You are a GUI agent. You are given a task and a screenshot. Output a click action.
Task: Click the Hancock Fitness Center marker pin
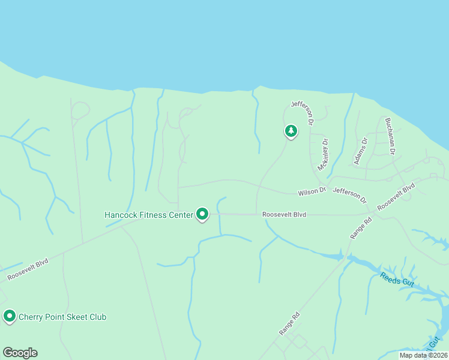202,214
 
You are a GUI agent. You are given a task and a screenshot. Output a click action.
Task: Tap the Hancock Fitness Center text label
149,214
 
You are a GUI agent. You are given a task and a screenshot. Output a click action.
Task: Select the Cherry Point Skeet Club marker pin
9,316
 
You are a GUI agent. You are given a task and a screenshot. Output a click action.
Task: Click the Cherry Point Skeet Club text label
62,316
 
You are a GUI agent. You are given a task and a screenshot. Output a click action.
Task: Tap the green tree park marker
291,131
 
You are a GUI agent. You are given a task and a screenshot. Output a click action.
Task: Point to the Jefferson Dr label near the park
303,113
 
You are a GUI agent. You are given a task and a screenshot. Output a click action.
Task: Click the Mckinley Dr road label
323,155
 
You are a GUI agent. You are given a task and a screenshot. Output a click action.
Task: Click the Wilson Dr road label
312,191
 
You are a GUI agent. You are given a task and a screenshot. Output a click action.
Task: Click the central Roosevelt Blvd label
285,214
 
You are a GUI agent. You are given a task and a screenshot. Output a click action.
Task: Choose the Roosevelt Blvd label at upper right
396,196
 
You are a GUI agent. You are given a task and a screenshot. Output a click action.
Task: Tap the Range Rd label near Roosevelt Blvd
361,228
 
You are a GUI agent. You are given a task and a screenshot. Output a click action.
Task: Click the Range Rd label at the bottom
289,323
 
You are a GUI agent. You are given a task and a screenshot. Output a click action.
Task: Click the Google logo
20,353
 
